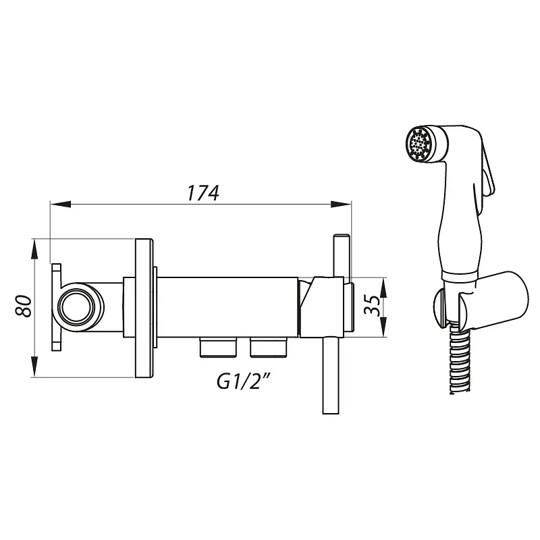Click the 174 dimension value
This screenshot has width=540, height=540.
[203, 193]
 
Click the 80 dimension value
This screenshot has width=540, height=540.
[24, 306]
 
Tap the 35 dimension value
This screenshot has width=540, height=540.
[373, 305]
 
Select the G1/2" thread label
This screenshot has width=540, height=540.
[243, 381]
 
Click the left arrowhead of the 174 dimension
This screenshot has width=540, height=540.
[61, 205]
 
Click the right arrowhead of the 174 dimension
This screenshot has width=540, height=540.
[341, 205]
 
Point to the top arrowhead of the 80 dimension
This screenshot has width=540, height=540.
[34, 249]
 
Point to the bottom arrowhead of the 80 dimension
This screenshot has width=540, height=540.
[34, 367]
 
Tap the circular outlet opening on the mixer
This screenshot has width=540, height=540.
[76, 308]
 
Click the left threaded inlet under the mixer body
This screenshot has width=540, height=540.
[218, 348]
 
